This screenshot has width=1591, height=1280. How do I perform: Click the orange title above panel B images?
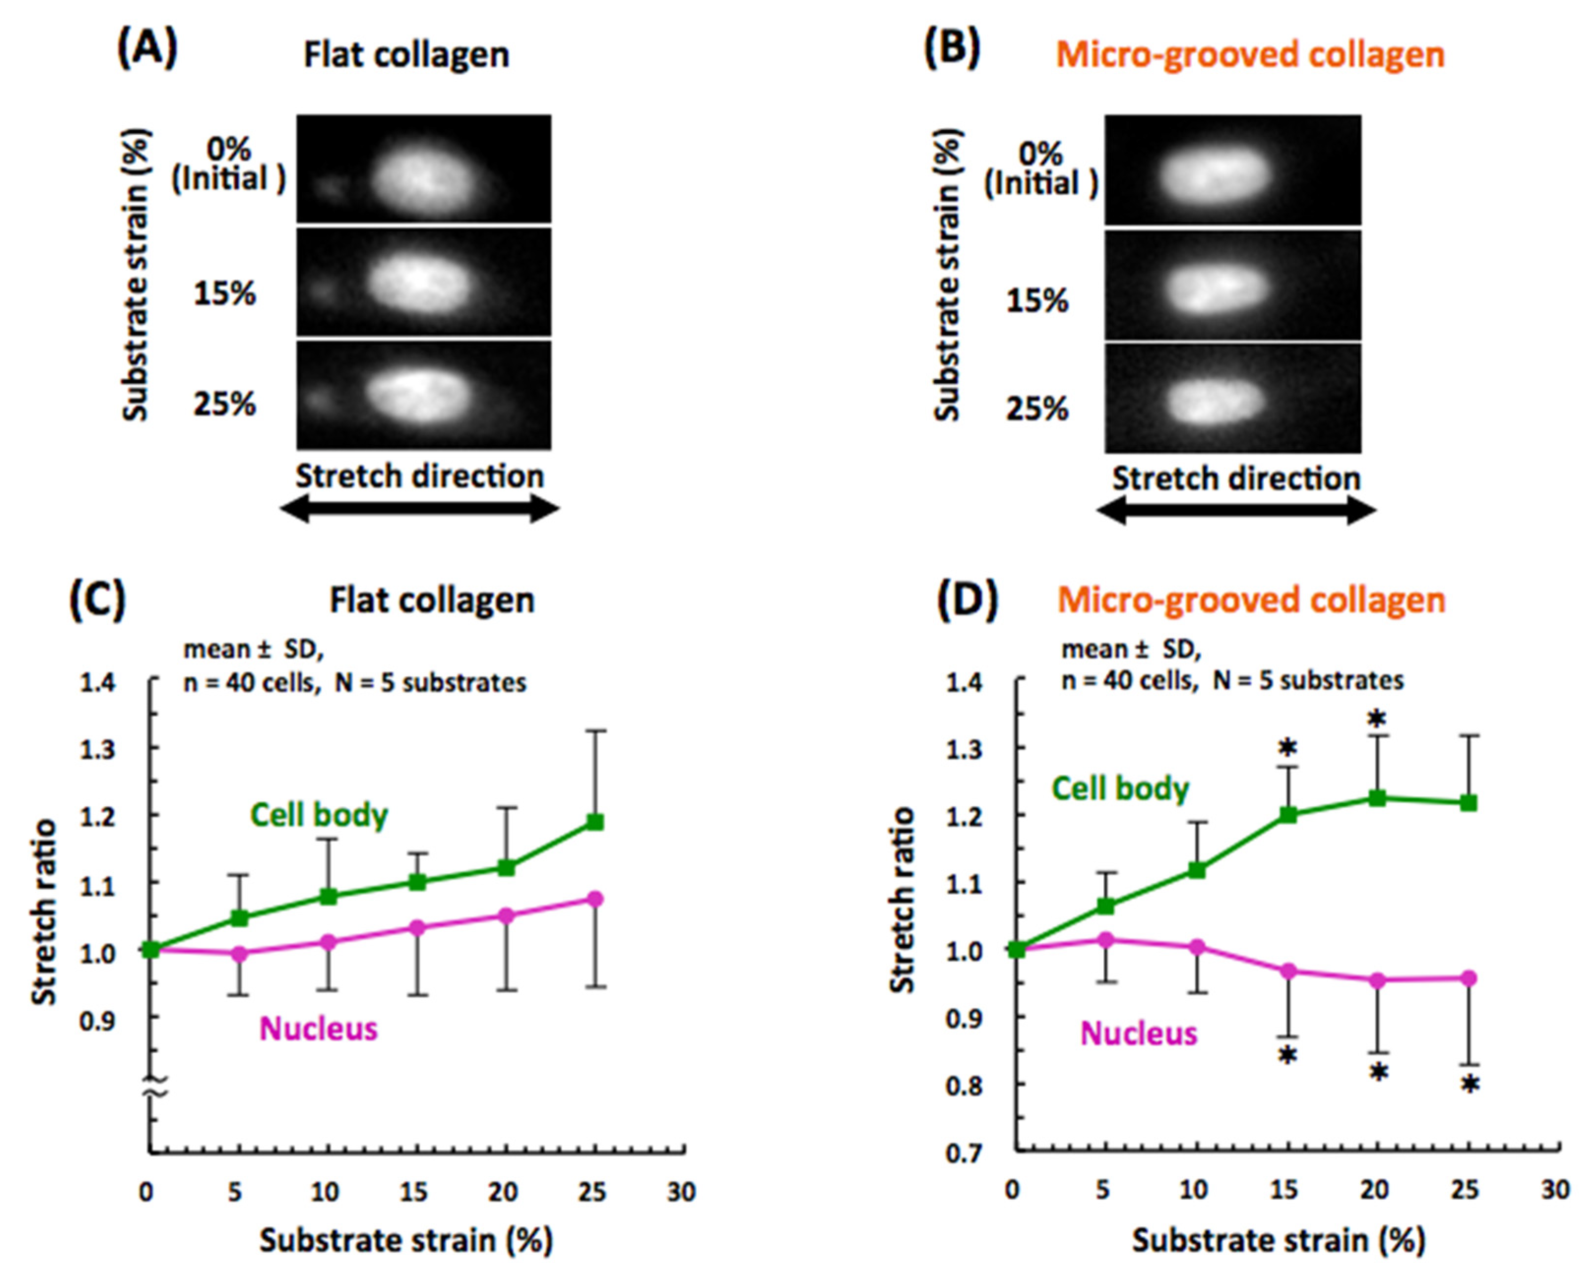pyautogui.click(x=1249, y=55)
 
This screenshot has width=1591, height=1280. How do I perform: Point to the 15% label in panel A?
pyautogui.click(x=224, y=294)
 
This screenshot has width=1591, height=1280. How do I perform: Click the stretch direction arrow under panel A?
pyautogui.click(x=419, y=508)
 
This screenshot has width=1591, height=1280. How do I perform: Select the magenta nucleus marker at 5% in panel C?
pyautogui.click(x=239, y=953)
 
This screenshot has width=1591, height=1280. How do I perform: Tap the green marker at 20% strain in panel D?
pyautogui.click(x=1377, y=798)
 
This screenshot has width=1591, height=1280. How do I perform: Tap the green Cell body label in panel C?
pyautogui.click(x=319, y=815)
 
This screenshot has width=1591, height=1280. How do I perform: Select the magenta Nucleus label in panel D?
pyautogui.click(x=1139, y=1033)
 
